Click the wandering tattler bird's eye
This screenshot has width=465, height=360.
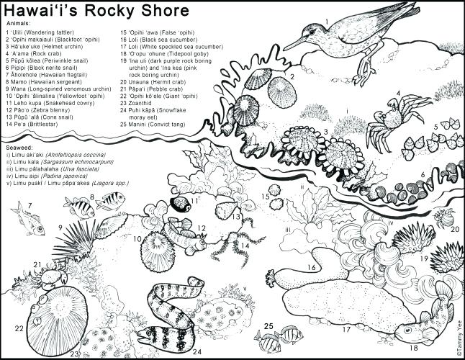(x=314, y=31)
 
